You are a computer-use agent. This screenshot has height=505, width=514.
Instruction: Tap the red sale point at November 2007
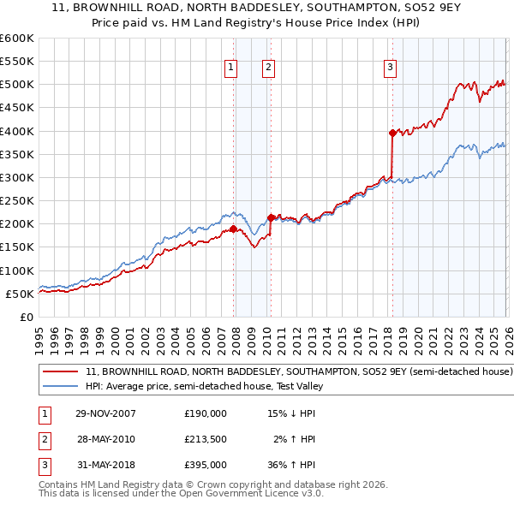coord(234,229)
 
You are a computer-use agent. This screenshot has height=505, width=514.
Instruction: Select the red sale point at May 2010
coord(271,217)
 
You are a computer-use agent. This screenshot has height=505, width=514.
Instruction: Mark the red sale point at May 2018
coord(392,133)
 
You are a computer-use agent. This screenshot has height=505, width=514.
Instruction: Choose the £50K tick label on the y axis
coord(21,294)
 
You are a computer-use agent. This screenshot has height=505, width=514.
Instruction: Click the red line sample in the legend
coord(60,372)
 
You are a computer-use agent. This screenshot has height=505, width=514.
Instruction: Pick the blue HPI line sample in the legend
coord(60,386)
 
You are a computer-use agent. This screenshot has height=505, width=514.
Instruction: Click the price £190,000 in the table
coord(205,413)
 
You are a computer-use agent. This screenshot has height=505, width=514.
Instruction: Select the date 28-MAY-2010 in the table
coord(106,439)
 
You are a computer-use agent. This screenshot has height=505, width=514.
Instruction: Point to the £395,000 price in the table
coord(205,465)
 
